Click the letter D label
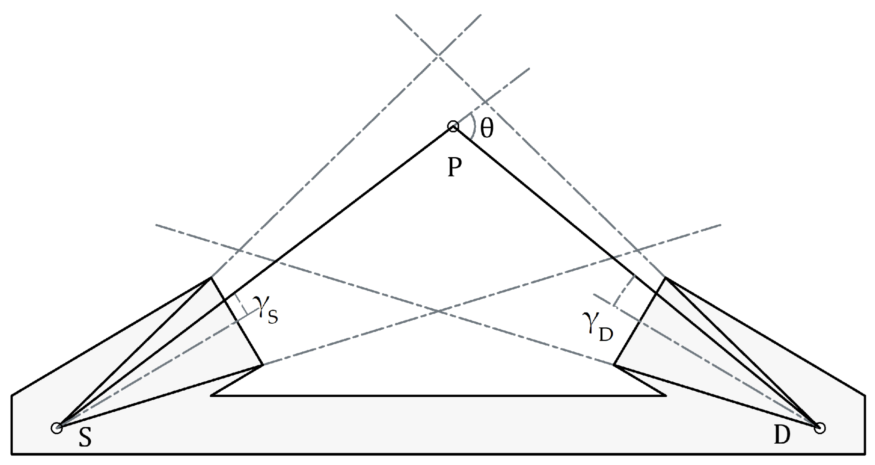(x=782, y=435)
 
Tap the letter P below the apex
(x=454, y=167)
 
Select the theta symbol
(x=487, y=129)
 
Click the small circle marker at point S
(x=57, y=428)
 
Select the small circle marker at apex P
(x=453, y=127)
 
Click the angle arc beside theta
(x=473, y=126)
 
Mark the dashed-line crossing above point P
(x=438, y=56)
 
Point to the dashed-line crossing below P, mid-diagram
(x=438, y=311)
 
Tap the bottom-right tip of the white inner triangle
(x=665, y=395)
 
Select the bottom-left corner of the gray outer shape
(x=12, y=453)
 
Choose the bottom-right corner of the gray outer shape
(x=864, y=453)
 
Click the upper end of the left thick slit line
(x=211, y=278)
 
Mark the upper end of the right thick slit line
(x=666, y=278)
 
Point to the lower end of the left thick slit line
(x=262, y=364)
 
